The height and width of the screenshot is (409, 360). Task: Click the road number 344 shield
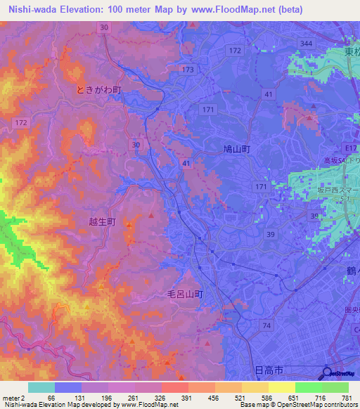tap(305, 44)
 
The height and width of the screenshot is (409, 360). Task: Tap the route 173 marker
tap(187, 70)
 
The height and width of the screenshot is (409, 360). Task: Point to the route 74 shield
tap(266, 325)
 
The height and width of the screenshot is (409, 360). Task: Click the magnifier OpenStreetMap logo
tap(326, 373)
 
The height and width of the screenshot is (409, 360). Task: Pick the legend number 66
tap(51, 398)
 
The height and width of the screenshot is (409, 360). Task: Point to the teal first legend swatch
tap(41, 387)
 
